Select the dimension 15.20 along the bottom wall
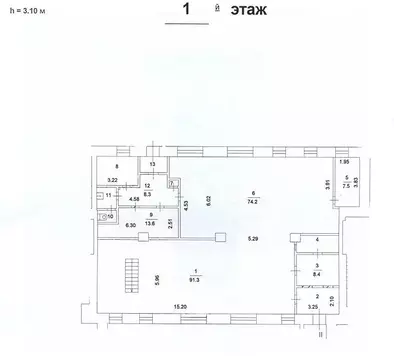(180, 306)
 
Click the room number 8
(117, 166)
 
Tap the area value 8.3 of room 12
(147, 193)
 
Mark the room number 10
(111, 214)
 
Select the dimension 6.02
(208, 199)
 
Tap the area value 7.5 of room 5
(346, 185)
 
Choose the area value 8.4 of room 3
(316, 272)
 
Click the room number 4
(316, 241)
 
